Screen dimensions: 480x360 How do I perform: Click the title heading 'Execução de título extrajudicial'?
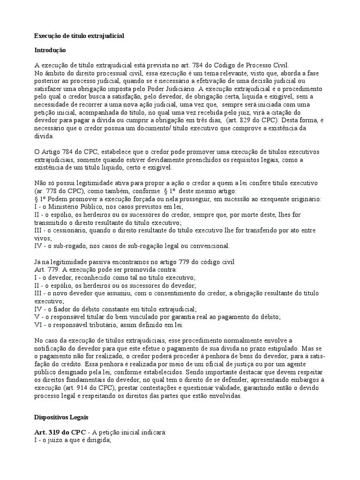point(79,36)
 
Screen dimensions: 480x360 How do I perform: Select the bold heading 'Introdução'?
point(50,50)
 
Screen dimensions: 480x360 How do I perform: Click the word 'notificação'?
point(53,349)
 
